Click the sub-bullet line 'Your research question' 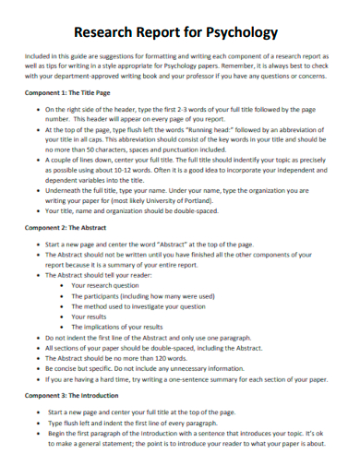tap(112, 286)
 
